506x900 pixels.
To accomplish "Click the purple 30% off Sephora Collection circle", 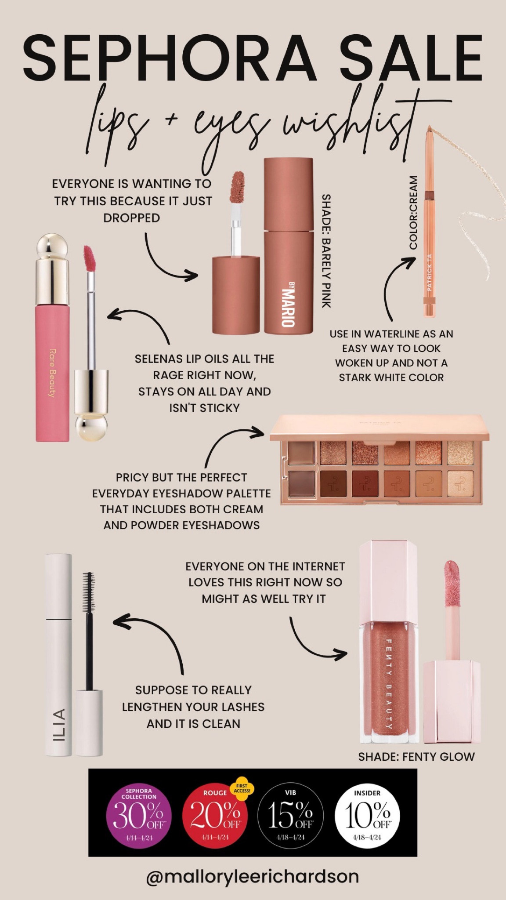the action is [x=139, y=814].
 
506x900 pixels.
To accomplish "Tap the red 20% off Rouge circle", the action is [x=215, y=815].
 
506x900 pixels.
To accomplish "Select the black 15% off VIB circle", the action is [x=290, y=815].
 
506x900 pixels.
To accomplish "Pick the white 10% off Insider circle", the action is [x=367, y=815].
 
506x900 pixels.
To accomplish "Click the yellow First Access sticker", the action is [x=242, y=789].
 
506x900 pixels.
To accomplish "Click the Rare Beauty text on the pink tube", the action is [x=52, y=373].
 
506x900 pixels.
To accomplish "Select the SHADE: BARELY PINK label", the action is [x=326, y=251].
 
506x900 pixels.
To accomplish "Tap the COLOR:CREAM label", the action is [x=413, y=213].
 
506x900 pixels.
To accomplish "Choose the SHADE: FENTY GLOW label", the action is [x=416, y=756].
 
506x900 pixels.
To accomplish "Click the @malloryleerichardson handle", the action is [x=253, y=876].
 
